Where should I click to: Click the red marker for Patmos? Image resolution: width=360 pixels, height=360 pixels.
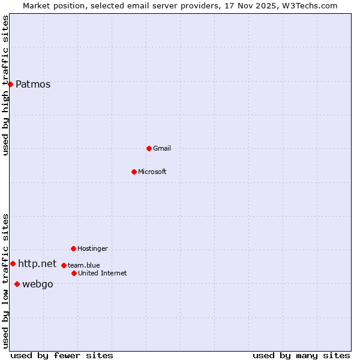click(10, 84)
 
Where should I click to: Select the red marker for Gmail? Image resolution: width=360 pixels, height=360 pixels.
click(149, 148)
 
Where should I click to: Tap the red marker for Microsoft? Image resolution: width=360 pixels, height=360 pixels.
click(134, 172)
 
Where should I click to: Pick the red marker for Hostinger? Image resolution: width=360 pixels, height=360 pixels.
click(73, 248)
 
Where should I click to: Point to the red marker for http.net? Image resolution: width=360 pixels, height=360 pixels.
click(13, 263)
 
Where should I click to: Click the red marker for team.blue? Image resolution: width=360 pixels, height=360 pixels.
click(64, 265)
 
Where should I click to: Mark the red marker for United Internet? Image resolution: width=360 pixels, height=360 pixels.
click(74, 273)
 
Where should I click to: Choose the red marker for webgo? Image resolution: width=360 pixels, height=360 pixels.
click(17, 284)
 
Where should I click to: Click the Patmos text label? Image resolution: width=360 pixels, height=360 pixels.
click(33, 85)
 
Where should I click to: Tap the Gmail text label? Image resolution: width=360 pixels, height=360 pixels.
click(162, 149)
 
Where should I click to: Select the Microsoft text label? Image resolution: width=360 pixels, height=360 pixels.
click(152, 172)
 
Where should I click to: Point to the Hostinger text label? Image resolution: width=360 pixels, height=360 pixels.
click(92, 249)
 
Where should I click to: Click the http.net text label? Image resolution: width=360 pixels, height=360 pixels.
click(37, 264)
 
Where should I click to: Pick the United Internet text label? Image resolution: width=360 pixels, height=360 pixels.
click(102, 274)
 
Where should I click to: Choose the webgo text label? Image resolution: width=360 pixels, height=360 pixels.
click(37, 284)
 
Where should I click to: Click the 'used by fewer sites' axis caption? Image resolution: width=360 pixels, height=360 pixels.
click(62, 355)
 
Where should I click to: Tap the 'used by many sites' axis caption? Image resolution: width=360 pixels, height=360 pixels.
click(301, 355)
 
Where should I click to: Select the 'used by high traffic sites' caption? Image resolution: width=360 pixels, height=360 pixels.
click(5, 86)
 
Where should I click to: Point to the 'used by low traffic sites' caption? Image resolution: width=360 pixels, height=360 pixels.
click(5, 281)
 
